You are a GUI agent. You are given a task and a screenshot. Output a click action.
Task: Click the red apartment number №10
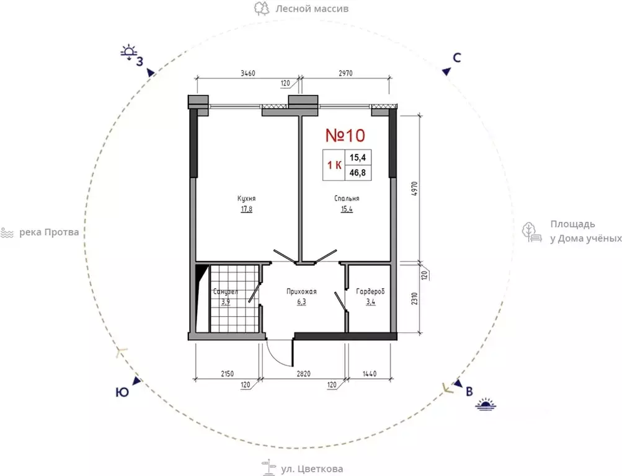[x=345, y=135]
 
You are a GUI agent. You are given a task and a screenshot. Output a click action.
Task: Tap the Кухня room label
[x=246, y=198]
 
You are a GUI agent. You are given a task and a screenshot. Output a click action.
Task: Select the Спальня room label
[x=347, y=198]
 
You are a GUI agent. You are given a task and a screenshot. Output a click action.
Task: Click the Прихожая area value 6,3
[x=301, y=302]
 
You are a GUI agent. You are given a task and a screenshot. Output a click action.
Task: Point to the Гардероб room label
[x=370, y=292]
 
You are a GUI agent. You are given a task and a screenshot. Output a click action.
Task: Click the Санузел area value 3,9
[x=226, y=302]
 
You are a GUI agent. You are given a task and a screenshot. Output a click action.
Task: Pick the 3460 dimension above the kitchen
[x=248, y=73]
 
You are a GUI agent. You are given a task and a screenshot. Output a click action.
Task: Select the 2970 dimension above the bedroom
[x=345, y=73]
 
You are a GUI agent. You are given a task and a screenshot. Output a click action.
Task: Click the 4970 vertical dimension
[x=414, y=190]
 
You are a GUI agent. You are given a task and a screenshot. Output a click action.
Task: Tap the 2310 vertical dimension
[x=414, y=299]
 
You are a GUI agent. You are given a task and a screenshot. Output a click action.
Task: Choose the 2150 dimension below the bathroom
[x=228, y=374]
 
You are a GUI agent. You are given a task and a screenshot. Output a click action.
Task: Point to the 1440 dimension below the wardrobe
[x=370, y=374]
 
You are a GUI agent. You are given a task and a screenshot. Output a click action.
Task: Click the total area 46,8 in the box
[x=357, y=173]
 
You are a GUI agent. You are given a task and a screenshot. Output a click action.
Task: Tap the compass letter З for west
[x=140, y=62]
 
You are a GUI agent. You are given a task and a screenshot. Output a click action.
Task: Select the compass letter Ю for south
[x=122, y=392]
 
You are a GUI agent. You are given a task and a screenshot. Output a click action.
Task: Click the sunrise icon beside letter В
[x=486, y=404]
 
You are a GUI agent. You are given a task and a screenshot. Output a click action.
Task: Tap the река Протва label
[x=49, y=232]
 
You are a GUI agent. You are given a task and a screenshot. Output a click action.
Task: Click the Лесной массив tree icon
[x=262, y=8]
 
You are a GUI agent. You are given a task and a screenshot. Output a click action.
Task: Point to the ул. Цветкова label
[x=312, y=469]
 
